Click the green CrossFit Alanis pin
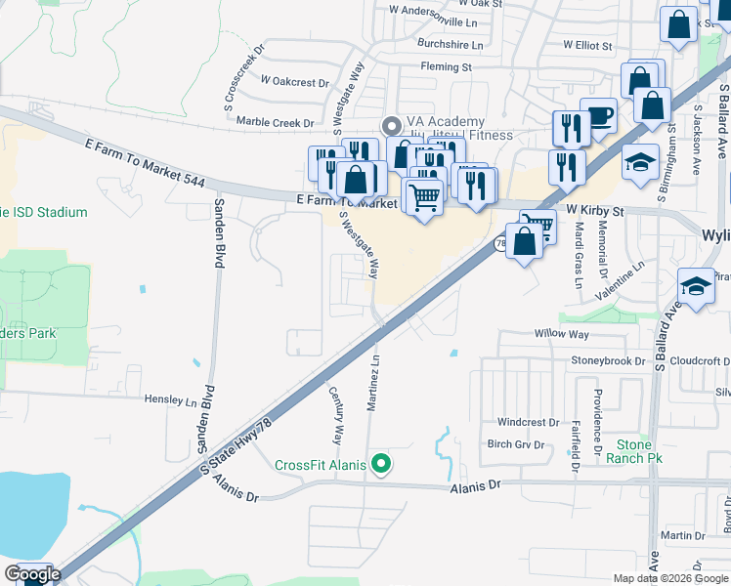pyautogui.click(x=383, y=465)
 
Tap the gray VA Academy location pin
pyautogui.click(x=392, y=125)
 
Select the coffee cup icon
pyautogui.click(x=598, y=116)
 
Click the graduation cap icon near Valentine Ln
pyautogui.click(x=696, y=286)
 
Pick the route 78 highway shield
pyautogui.click(x=500, y=243)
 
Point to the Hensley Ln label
pyautogui.click(x=171, y=400)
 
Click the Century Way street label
pyautogui.click(x=336, y=415)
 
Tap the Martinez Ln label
pyautogui.click(x=373, y=384)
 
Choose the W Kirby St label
pyautogui.click(x=594, y=210)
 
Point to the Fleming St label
pyautogui.click(x=446, y=67)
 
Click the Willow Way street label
pyautogui.click(x=561, y=334)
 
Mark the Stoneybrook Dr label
pyautogui.click(x=609, y=360)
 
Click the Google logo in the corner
pyautogui.click(x=32, y=574)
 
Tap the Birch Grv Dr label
pyautogui.click(x=515, y=444)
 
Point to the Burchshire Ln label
pyautogui.click(x=450, y=45)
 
